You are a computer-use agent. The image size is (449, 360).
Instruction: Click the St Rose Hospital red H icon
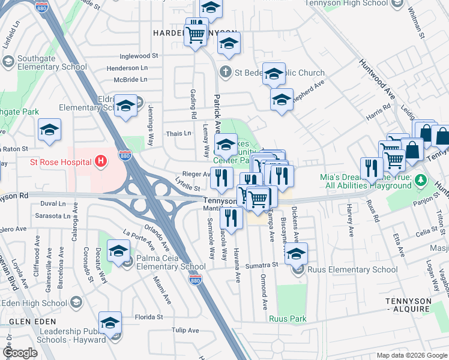(101, 161)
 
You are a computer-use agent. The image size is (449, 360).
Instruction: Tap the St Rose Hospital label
(61, 162)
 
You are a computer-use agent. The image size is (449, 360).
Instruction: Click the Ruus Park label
(288, 319)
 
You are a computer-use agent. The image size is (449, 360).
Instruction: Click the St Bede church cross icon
(225, 73)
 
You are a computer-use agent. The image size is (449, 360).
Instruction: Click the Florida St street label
(132, 316)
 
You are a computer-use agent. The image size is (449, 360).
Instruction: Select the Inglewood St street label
(139, 55)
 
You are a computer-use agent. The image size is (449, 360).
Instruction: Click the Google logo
(20, 353)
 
